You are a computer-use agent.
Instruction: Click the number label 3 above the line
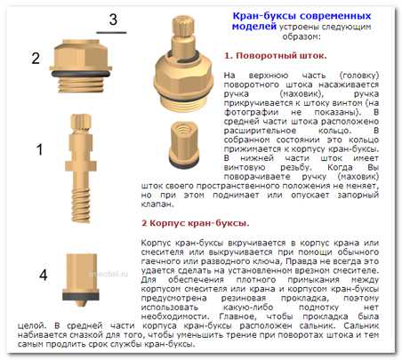[113, 20]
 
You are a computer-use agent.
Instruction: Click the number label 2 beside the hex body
[36, 58]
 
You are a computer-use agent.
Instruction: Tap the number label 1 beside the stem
[39, 149]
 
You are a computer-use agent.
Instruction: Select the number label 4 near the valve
[44, 276]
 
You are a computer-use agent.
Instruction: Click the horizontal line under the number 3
[111, 33]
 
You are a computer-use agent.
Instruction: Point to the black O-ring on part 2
[81, 74]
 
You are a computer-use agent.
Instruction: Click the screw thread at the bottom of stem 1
[81, 205]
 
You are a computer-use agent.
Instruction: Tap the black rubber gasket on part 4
[81, 295]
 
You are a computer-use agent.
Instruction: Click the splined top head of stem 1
[81, 123]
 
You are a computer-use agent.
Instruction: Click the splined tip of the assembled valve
[183, 26]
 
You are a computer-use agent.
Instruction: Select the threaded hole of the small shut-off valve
[184, 128]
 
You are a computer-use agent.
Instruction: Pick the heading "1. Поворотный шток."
[276, 55]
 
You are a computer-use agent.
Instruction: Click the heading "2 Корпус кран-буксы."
[195, 223]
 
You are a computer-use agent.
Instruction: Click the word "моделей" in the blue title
[254, 27]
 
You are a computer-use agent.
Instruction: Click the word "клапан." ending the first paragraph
[157, 204]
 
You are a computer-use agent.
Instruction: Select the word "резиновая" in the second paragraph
[244, 298]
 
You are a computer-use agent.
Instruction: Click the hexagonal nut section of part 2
[81, 56]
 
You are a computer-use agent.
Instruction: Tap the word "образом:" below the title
[301, 36]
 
